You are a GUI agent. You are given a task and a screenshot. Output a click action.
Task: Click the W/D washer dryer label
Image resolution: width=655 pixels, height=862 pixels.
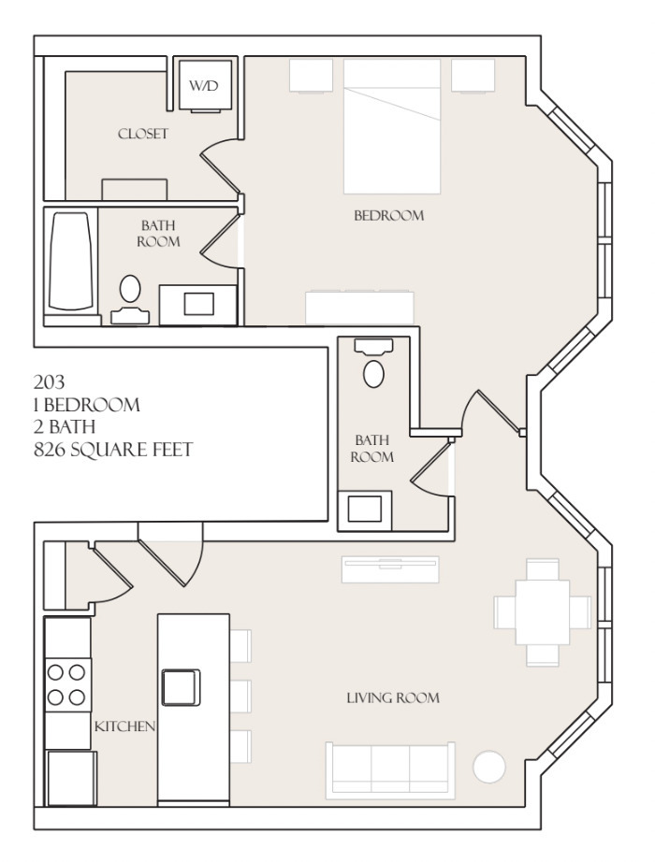203,86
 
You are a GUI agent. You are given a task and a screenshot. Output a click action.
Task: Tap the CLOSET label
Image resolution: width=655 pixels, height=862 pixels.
142,134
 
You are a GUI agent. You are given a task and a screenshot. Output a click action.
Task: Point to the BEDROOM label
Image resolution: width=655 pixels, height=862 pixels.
388,215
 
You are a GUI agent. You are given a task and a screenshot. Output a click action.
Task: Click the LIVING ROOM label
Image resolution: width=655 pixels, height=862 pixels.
393,698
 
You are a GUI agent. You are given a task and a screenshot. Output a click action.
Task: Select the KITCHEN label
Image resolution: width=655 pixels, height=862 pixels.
124,726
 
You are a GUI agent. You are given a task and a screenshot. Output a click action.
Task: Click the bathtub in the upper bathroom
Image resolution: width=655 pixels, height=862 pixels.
70,262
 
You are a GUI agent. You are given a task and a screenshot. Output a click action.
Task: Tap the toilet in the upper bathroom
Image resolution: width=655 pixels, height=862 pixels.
130,300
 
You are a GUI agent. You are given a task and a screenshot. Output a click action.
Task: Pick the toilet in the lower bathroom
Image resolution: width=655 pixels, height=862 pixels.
373,363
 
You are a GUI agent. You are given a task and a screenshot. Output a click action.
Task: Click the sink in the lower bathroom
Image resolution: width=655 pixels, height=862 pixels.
364,509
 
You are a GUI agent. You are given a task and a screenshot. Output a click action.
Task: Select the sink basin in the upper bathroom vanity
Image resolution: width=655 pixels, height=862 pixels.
198,304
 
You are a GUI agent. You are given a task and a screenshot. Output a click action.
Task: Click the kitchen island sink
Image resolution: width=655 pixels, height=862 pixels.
181,687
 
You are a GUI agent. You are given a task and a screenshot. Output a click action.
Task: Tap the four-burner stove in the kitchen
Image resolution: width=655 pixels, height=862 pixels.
67,685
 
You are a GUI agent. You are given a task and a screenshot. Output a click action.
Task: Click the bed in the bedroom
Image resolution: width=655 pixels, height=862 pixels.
392,126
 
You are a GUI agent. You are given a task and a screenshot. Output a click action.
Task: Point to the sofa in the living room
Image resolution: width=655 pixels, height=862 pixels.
391,769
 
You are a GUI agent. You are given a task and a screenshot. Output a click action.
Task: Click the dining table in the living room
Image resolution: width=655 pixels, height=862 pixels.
542,611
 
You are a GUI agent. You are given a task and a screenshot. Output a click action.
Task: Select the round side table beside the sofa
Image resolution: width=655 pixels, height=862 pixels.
488,767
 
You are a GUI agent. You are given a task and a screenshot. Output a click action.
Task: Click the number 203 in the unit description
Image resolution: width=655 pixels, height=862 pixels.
49,381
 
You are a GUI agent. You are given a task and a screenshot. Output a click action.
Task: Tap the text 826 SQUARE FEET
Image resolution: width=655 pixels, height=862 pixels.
113,450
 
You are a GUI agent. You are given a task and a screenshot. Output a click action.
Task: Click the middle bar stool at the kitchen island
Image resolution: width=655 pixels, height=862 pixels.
240,696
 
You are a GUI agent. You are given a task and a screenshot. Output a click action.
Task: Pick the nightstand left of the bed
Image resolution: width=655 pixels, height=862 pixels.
311,76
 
